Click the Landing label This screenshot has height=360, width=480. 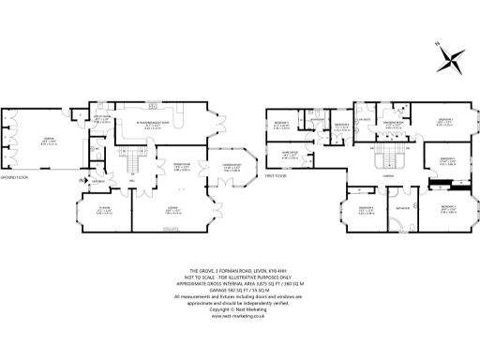(x=386, y=175)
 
